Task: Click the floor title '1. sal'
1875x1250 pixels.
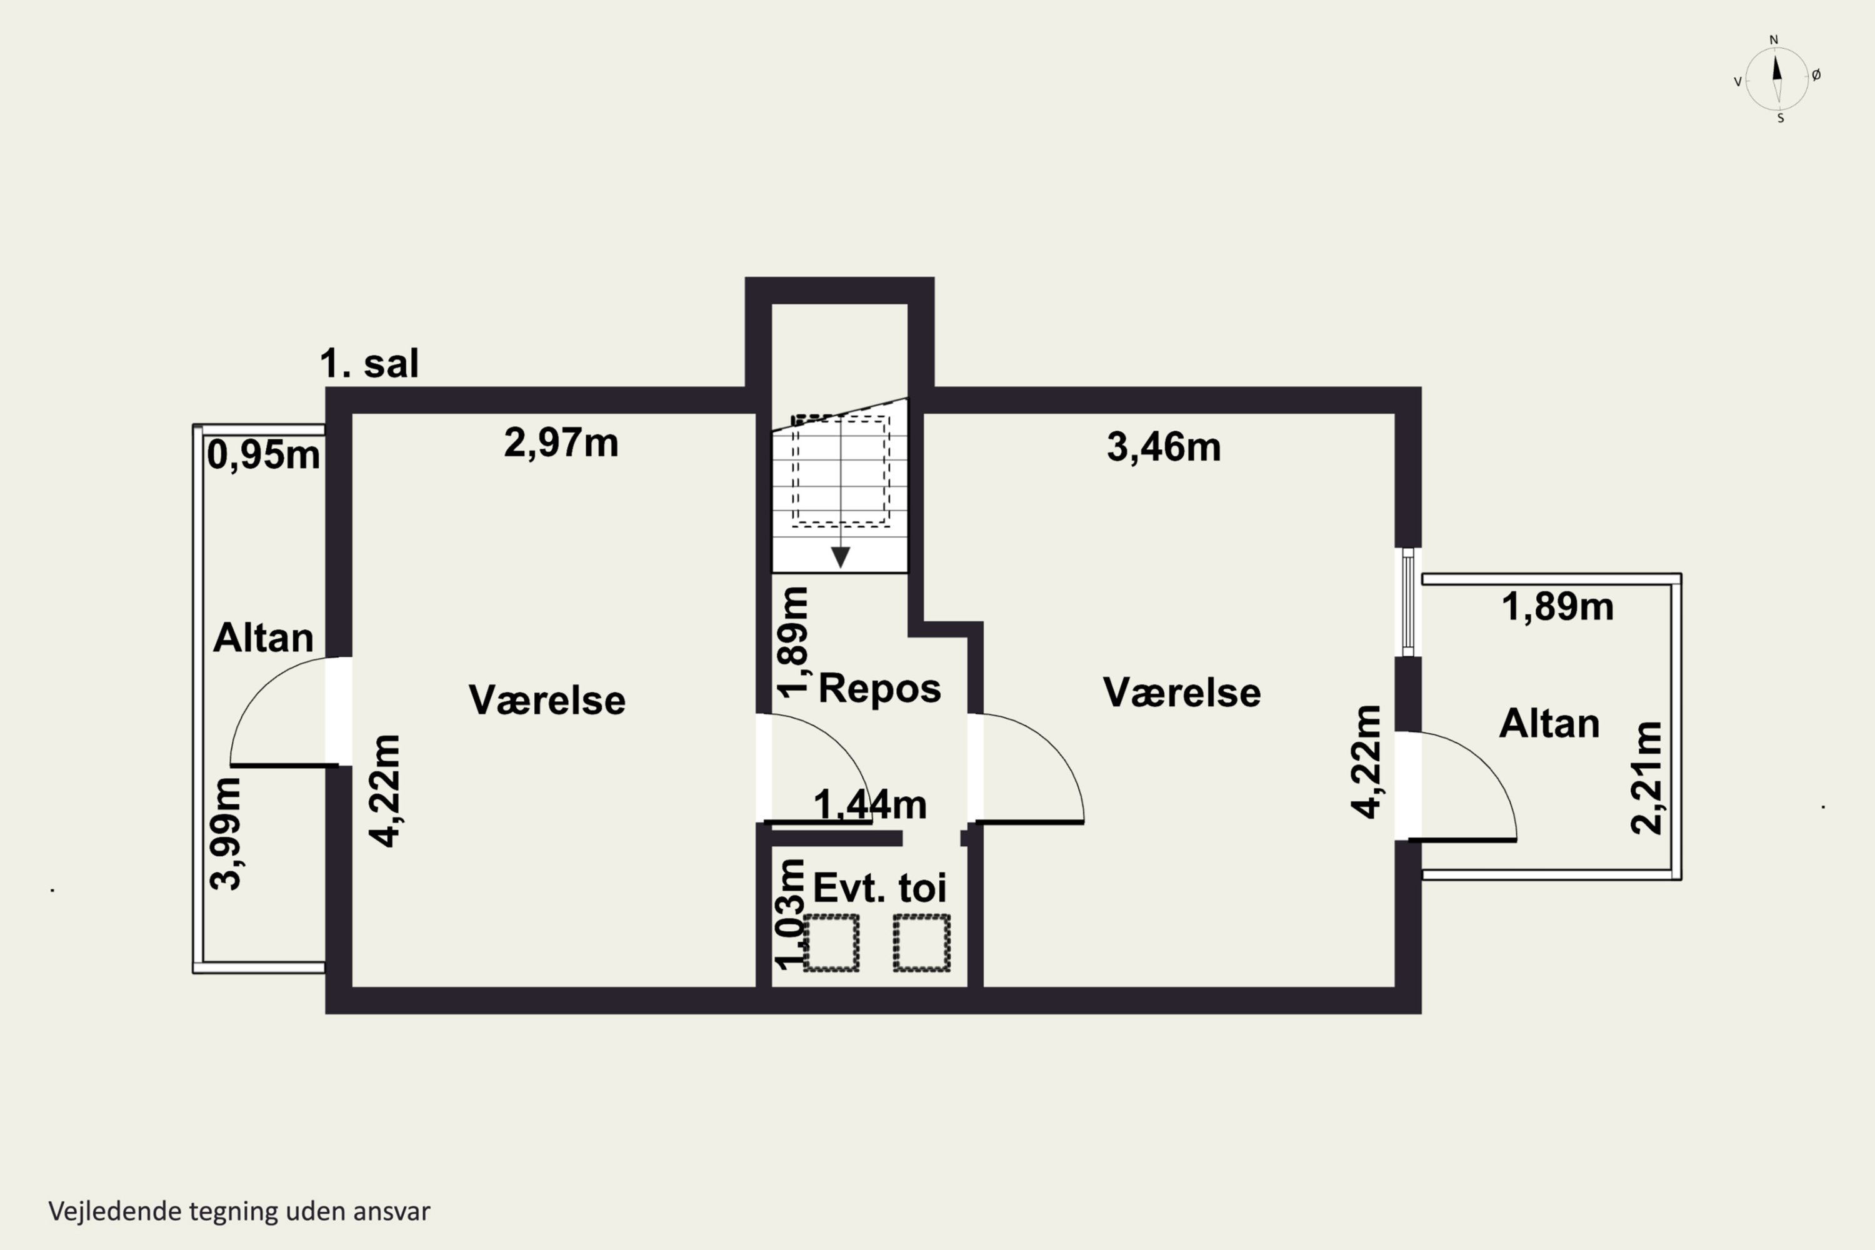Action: (x=369, y=364)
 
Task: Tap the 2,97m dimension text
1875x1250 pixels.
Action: (x=561, y=443)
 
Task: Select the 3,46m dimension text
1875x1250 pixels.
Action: (x=1164, y=447)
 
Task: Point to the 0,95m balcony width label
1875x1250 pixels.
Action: (x=264, y=456)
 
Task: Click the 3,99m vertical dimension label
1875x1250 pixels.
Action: (x=226, y=833)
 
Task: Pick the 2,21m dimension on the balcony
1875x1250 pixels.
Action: (x=1647, y=778)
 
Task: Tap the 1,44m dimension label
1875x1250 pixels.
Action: (x=870, y=805)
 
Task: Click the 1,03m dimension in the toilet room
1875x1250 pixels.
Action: (x=792, y=914)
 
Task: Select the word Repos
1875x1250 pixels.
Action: (x=880, y=689)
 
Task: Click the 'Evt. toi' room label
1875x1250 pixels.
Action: (x=880, y=888)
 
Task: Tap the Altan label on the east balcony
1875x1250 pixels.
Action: (x=1550, y=724)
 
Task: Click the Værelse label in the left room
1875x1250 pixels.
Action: (x=547, y=701)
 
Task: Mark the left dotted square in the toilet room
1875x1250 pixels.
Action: (x=831, y=943)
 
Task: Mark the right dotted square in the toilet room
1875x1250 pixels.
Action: (x=921, y=943)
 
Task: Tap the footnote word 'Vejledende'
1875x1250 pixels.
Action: (x=115, y=1212)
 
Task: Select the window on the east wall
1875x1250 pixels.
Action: (x=1408, y=602)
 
